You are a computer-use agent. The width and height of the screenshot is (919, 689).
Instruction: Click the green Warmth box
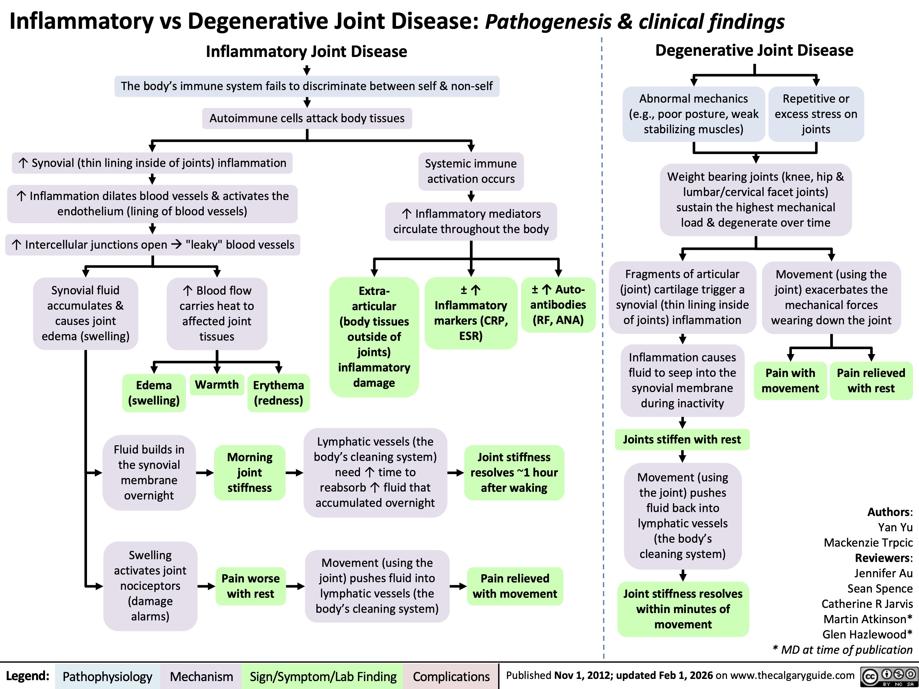click(217, 385)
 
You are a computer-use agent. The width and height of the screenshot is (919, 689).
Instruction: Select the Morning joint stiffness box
click(250, 472)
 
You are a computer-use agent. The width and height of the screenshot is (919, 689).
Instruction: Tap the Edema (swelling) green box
click(154, 393)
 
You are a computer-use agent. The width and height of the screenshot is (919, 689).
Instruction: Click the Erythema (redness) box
click(278, 393)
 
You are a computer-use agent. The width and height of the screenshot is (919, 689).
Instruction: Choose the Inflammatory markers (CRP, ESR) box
click(471, 312)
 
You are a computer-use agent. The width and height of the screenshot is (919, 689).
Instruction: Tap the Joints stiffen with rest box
click(682, 439)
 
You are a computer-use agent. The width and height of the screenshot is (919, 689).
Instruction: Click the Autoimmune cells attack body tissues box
click(307, 119)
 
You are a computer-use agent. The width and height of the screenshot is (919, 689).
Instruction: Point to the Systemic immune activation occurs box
click(471, 171)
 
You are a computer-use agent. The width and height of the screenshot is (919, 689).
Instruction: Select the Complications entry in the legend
click(451, 676)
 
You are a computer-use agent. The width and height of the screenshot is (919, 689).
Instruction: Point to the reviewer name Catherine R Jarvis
click(867, 604)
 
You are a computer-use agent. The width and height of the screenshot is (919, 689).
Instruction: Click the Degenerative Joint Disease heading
click(754, 50)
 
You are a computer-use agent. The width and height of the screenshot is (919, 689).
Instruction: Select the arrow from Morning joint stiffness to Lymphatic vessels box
click(295, 473)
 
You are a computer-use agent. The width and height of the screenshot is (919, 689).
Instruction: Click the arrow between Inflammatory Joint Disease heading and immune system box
click(307, 69)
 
